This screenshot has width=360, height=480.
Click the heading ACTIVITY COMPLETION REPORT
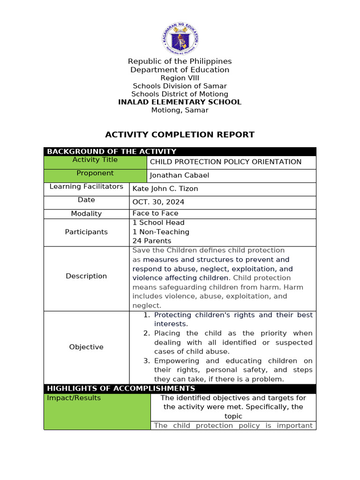point(180,135)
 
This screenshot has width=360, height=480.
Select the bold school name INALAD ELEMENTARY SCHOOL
point(180,102)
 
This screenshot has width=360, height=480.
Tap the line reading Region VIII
point(180,78)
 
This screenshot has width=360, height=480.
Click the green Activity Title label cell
point(95,160)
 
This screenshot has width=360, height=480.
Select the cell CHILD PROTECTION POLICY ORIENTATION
point(225,162)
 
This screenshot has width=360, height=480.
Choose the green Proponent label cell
point(95,173)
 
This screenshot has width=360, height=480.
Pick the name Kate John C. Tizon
point(165,189)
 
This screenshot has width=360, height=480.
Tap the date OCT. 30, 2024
point(158,202)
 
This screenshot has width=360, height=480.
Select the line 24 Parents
point(152,241)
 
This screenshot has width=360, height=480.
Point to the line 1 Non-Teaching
point(161,232)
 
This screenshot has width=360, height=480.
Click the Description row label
point(86,276)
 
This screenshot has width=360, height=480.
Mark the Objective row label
point(86,347)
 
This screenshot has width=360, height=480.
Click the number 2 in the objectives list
point(146,333)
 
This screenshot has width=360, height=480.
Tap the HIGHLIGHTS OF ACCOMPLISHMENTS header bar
point(121,389)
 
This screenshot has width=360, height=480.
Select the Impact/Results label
point(74,398)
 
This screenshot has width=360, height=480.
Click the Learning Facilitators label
point(86,187)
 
